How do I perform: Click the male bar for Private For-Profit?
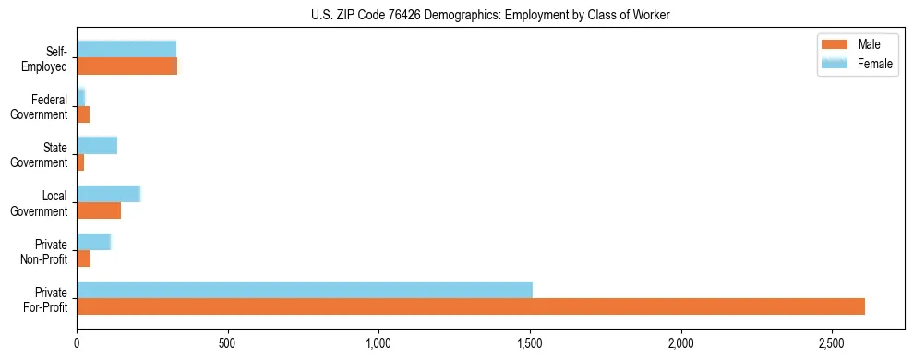pyautogui.click(x=471, y=306)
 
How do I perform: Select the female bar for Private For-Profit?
pyautogui.click(x=305, y=290)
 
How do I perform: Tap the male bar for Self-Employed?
pyautogui.click(x=126, y=66)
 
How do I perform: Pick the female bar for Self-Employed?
pyautogui.click(x=126, y=50)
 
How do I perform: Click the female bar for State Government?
pyautogui.click(x=97, y=145)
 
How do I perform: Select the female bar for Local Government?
pyautogui.click(x=108, y=193)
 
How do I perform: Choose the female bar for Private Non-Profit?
pyautogui.click(x=93, y=242)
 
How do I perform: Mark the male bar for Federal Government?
pyautogui.click(x=83, y=114)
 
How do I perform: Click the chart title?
pyautogui.click(x=490, y=15)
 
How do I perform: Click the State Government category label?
pyautogui.click(x=40, y=155)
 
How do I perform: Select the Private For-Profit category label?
pyautogui.click(x=46, y=299)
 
